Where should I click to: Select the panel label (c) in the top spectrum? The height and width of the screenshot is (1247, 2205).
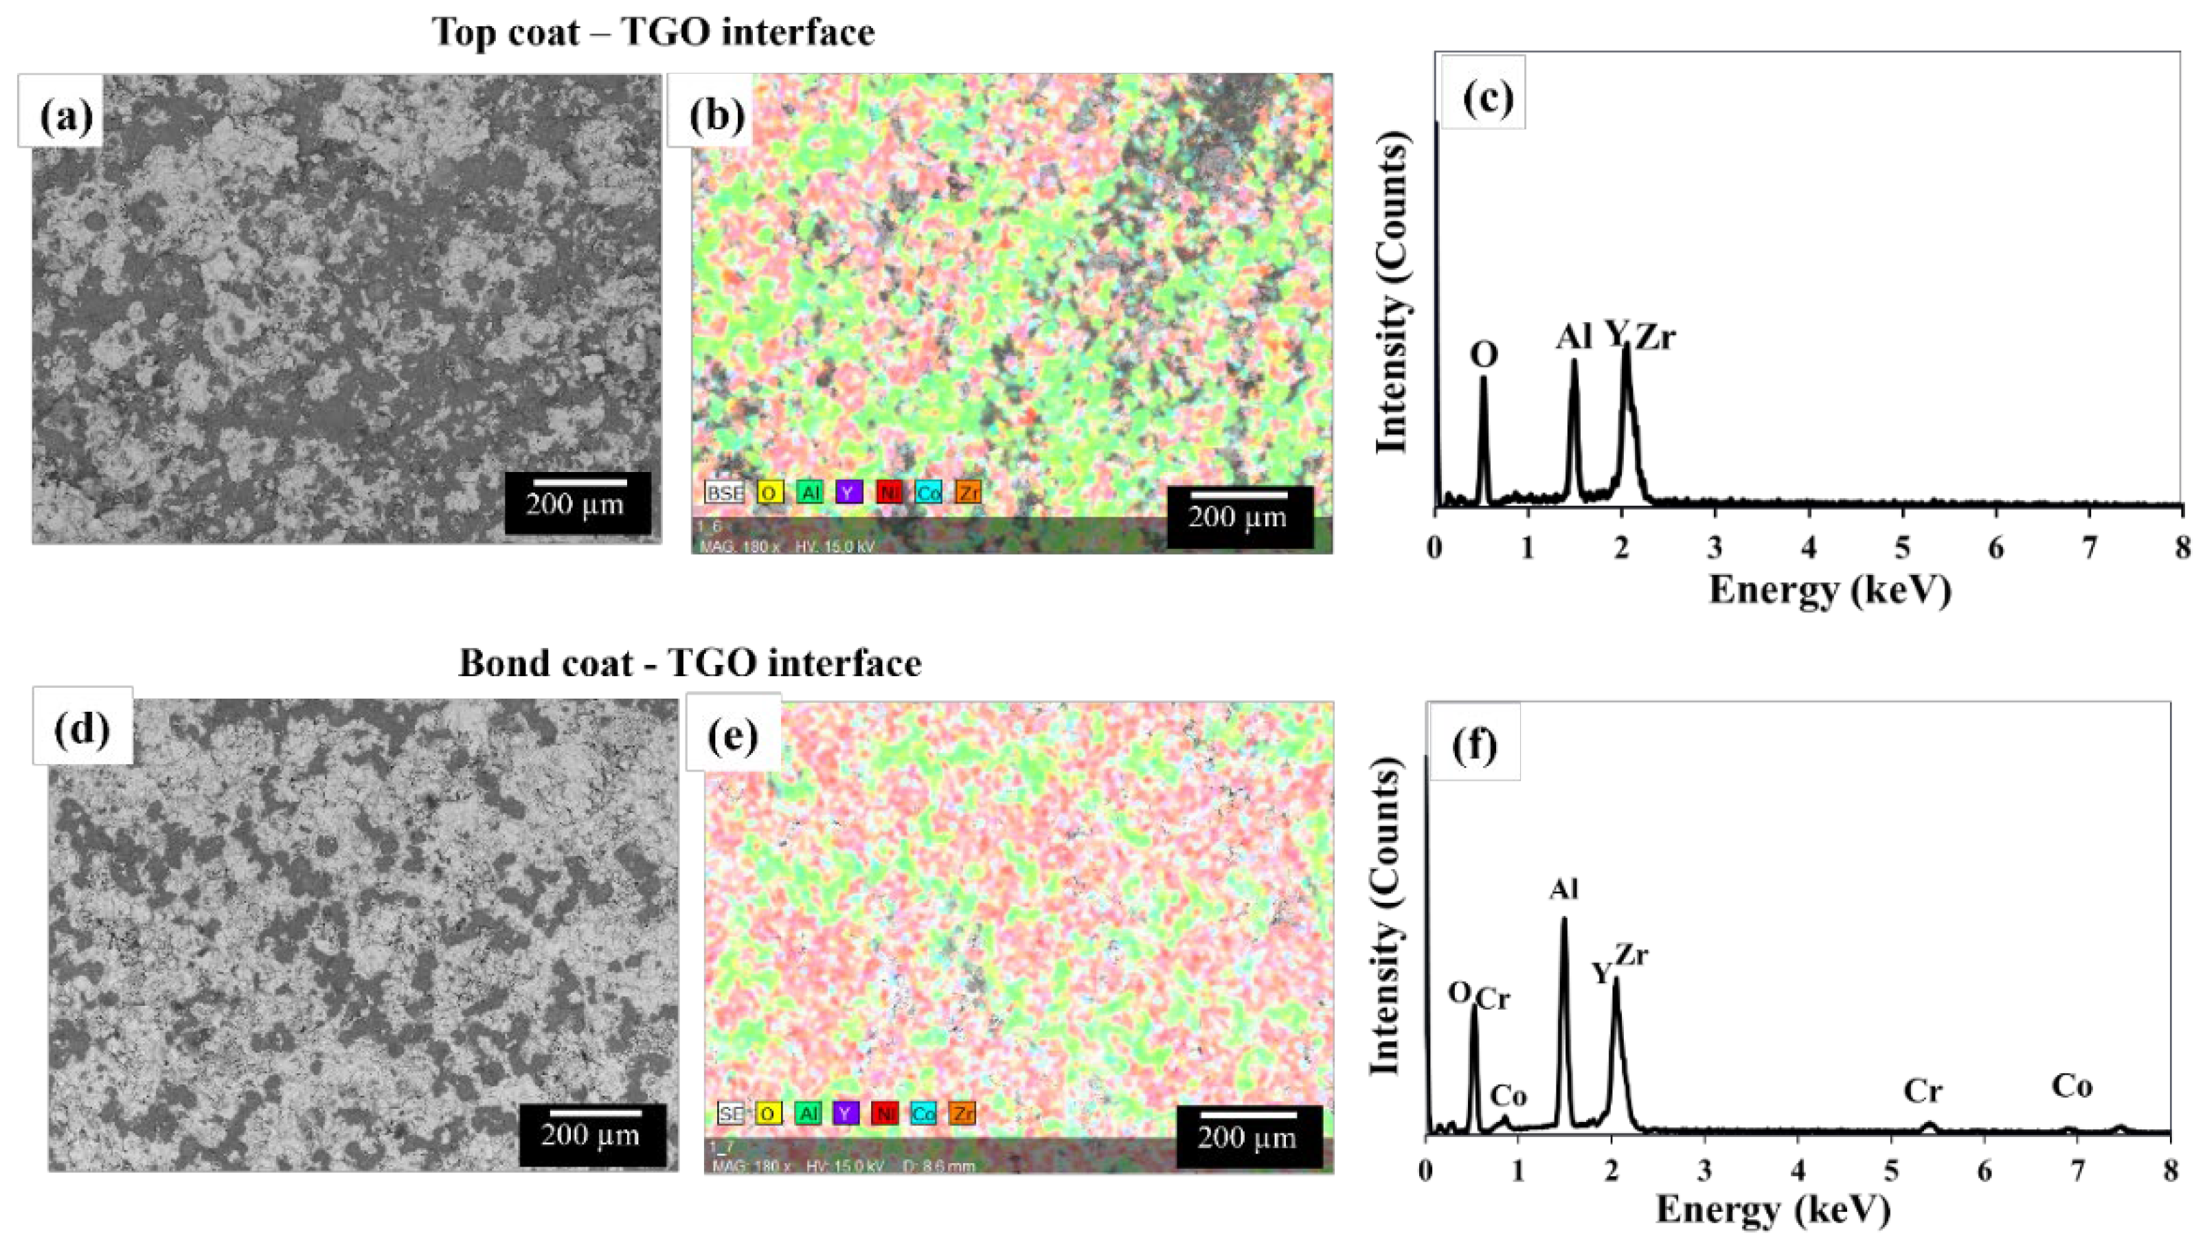[x=1487, y=96]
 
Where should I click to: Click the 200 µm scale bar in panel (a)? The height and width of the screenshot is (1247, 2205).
[x=578, y=502]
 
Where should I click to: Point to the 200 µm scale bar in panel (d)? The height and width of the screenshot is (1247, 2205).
[x=590, y=1133]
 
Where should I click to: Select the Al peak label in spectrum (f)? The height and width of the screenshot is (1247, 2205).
[x=1563, y=890]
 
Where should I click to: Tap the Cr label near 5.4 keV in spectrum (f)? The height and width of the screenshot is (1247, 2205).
[x=1923, y=1091]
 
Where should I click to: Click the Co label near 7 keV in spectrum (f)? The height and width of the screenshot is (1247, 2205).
[x=2072, y=1086]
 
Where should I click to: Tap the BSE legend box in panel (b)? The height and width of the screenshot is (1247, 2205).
[x=723, y=493]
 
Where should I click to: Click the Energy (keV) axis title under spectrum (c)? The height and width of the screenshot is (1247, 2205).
[x=1830, y=590]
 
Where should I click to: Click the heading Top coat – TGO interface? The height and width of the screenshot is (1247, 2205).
[x=653, y=32]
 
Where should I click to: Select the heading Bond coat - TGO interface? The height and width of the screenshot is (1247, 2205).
[x=690, y=663]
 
